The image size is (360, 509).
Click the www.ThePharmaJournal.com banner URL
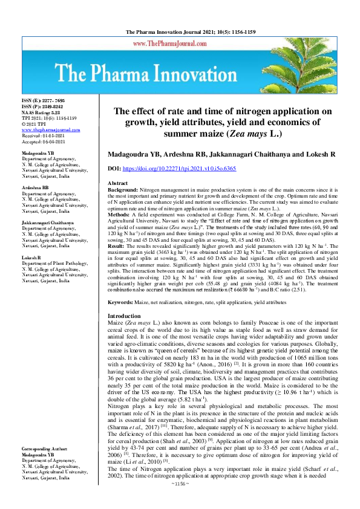(x=180, y=44)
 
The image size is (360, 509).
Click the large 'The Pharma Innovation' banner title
(x=180, y=76)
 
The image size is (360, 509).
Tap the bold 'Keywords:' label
(x=122, y=301)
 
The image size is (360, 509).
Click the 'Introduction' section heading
(x=124, y=316)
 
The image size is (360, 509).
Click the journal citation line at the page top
(x=180, y=31)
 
